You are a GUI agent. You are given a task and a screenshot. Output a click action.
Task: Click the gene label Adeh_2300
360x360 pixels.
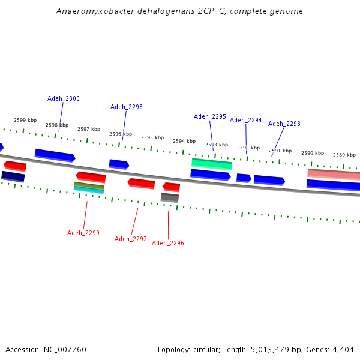64,98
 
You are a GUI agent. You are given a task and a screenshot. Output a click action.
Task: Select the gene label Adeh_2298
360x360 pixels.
127,107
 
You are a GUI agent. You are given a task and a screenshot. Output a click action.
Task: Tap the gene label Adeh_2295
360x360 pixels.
210,116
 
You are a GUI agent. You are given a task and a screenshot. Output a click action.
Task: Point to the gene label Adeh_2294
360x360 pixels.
246,120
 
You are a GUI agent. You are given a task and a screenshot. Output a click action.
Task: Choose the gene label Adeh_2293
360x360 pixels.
284,124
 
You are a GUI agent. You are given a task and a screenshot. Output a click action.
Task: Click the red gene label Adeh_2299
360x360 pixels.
83,233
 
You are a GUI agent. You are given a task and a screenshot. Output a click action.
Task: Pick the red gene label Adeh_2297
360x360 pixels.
131,239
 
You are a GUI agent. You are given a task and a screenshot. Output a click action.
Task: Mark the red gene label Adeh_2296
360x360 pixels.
168,243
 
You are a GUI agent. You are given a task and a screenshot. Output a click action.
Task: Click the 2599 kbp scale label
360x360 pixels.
25,120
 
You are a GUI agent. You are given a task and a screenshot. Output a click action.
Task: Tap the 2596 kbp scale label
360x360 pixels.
121,134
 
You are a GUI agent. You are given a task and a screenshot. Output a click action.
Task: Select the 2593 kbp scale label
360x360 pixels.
217,145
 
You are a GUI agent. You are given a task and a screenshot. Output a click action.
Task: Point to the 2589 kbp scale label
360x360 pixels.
344,155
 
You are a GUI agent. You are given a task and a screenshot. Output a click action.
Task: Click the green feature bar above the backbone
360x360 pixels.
212,163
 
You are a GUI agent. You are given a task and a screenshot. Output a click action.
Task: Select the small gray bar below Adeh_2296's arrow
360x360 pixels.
170,197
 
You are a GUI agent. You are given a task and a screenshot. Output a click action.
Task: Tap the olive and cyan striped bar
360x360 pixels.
89,187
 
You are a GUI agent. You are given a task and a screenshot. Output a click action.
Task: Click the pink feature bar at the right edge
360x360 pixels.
334,174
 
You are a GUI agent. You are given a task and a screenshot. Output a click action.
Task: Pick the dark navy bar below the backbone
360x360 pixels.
13,176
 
